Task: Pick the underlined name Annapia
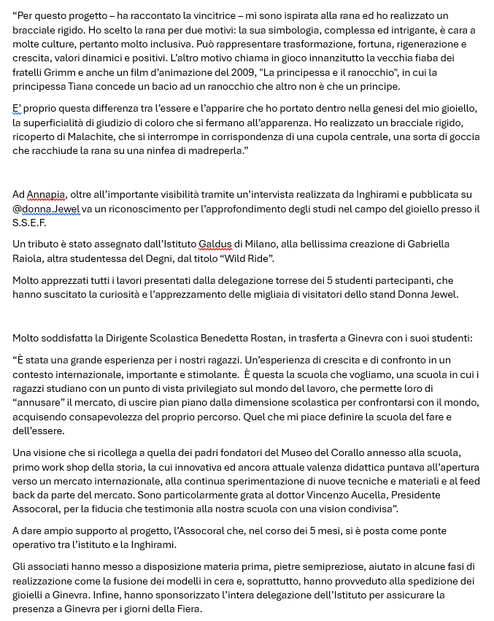(46, 194)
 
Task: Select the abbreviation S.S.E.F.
(30, 223)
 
